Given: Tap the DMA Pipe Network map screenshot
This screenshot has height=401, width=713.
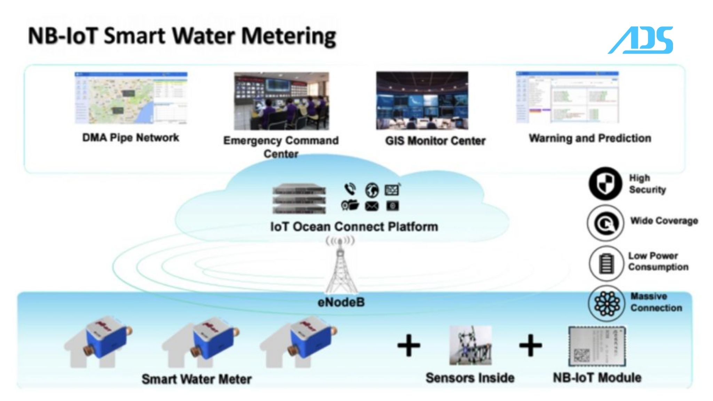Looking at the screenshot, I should click(x=131, y=98).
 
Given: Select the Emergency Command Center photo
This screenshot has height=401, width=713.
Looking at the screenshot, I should click(x=281, y=101).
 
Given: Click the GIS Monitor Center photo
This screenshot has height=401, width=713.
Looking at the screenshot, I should click(x=422, y=100).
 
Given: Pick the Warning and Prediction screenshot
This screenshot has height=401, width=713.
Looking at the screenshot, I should click(x=567, y=97).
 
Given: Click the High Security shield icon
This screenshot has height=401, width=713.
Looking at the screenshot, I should click(x=605, y=183).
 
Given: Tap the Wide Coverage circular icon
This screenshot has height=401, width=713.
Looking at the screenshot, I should click(x=605, y=223).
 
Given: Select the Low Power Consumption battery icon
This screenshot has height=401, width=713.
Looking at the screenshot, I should click(x=606, y=263).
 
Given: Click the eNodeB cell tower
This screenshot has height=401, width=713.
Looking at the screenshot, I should click(x=340, y=268).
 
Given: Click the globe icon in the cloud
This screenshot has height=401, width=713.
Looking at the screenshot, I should click(x=372, y=190).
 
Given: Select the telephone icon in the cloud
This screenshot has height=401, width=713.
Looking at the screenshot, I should click(x=350, y=189).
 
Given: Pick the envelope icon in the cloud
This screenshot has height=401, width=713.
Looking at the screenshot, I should click(x=371, y=206).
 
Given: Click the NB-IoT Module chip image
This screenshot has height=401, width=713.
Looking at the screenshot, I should click(x=597, y=346).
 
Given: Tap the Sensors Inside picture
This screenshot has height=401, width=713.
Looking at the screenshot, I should click(x=470, y=345).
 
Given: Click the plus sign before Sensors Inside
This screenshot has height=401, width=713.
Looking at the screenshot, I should click(x=409, y=346).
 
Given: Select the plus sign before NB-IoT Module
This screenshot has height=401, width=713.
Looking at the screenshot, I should click(x=530, y=345).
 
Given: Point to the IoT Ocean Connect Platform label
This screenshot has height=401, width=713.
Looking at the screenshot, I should click(x=354, y=227).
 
